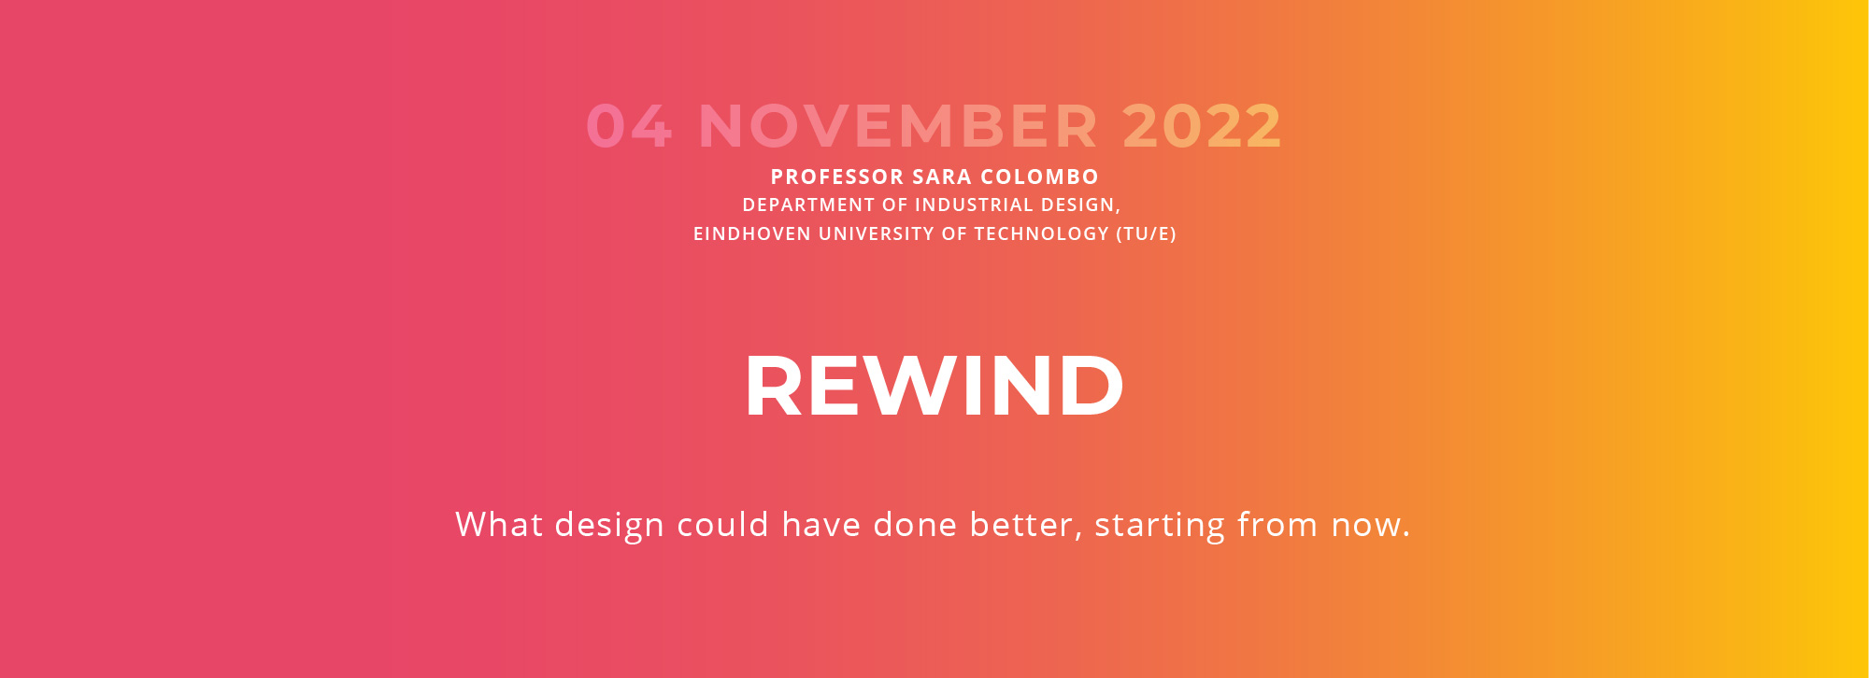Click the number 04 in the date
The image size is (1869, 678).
[629, 126]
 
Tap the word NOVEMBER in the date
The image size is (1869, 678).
[898, 126]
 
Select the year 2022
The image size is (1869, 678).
[1202, 126]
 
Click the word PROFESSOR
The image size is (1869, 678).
[837, 177]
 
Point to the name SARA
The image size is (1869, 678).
[942, 177]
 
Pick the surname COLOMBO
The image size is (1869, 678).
[1039, 177]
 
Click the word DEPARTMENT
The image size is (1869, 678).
[808, 205]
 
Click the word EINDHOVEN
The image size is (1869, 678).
[752, 233]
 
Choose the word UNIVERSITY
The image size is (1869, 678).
[877, 233]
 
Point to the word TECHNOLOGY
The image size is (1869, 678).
[1042, 233]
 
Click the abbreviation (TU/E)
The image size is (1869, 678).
[1147, 234]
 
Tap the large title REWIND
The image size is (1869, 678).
[934, 386]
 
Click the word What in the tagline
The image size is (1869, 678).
[499, 524]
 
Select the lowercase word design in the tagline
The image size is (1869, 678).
[609, 526]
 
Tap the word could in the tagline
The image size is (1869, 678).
[722, 524]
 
